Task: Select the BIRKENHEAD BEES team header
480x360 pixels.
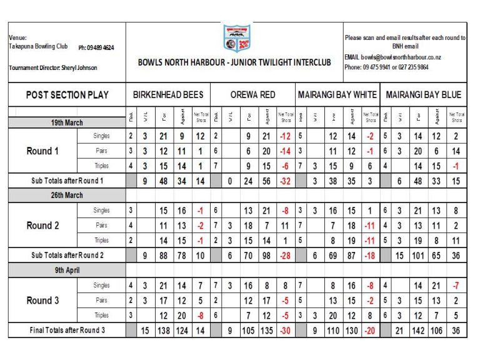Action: coord(168,95)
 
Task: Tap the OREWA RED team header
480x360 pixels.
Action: coord(252,95)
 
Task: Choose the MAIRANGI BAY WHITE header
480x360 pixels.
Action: coord(337,95)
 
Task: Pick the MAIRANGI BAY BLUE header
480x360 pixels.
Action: coord(424,95)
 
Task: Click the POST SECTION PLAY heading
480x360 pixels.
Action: coord(67,95)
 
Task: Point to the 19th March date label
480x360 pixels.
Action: coord(67,123)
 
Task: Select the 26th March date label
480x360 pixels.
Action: coord(67,195)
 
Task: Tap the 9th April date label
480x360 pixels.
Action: coord(67,270)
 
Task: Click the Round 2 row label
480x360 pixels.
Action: coord(42,226)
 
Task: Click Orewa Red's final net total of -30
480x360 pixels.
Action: coord(284,329)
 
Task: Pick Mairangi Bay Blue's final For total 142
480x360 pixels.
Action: coord(419,329)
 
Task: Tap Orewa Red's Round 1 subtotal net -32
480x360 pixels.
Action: coord(284,181)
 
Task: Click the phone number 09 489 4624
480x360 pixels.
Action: coord(96,47)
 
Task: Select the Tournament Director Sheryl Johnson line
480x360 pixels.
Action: coord(53,67)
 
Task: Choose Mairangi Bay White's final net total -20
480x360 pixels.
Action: coord(371,329)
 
